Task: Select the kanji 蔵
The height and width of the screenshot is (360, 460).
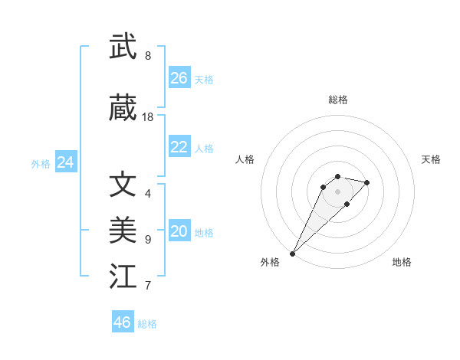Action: [123, 110]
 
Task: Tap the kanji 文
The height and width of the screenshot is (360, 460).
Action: [123, 184]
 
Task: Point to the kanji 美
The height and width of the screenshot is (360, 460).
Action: [123, 229]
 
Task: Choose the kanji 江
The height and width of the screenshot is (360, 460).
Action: [123, 277]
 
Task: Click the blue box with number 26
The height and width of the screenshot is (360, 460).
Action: [179, 78]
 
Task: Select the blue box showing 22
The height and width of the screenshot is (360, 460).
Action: [179, 147]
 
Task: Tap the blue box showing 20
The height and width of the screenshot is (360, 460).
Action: [179, 231]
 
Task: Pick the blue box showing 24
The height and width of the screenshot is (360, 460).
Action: [66, 162]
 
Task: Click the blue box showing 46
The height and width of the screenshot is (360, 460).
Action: [123, 322]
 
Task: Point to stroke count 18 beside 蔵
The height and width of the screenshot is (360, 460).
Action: [148, 117]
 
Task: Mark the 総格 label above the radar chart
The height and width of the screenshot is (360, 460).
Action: [338, 100]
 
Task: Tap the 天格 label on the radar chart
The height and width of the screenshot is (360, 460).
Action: [431, 159]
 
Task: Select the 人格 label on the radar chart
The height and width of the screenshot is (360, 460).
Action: [245, 159]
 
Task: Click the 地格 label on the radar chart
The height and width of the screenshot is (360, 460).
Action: [402, 262]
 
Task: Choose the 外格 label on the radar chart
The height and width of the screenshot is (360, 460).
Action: [270, 262]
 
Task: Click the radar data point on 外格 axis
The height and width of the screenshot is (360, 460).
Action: [293, 253]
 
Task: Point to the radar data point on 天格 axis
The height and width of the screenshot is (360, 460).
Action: [367, 182]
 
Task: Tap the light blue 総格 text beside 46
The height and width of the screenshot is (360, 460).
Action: [148, 324]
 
